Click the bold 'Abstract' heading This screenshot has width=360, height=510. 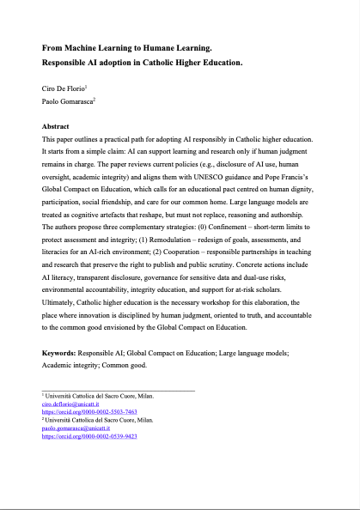(x=58, y=125)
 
